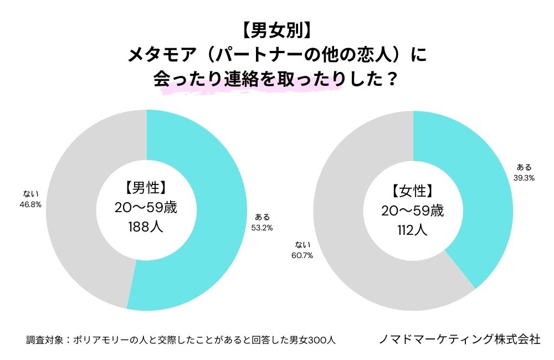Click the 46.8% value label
30,204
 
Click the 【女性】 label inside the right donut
413,191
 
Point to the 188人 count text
146,227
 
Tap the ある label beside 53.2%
262,217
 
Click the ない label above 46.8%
30,194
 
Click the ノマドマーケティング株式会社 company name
459,339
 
